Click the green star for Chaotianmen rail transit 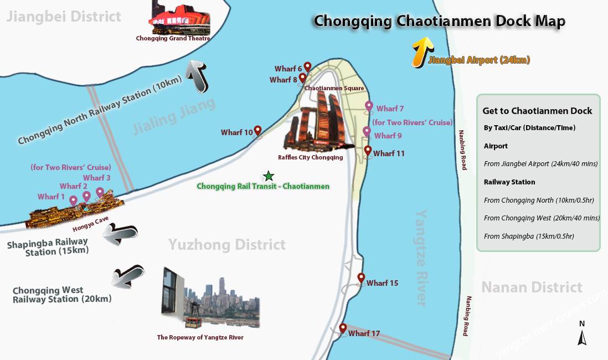(x=269, y=176)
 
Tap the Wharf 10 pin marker (x=257, y=131)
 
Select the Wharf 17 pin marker (x=343, y=329)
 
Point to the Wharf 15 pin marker (x=361, y=279)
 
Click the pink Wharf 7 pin (x=369, y=106)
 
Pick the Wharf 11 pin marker (x=367, y=151)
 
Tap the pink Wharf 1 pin (x=73, y=200)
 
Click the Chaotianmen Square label (x=334, y=88)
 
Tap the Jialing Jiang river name (x=174, y=117)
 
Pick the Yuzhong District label (x=227, y=244)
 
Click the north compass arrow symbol (x=581, y=336)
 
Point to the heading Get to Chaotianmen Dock (x=537, y=111)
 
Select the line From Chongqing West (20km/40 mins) (x=542, y=218)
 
